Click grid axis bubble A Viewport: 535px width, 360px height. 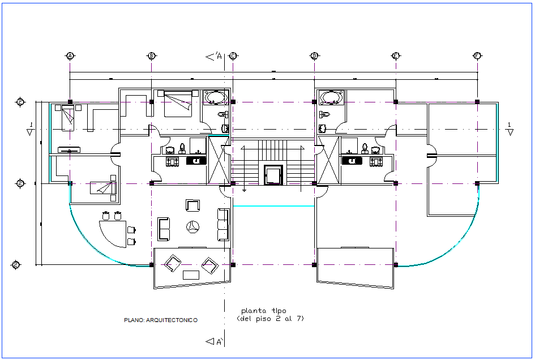tap(70, 55)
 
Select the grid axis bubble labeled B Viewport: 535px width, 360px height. tap(151, 55)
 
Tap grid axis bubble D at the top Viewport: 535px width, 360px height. tap(314, 55)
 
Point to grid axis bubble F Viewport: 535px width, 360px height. tap(477, 55)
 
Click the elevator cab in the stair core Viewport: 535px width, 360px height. tap(273, 174)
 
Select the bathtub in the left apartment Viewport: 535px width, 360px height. tap(215, 98)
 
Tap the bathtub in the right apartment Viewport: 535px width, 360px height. tap(331, 98)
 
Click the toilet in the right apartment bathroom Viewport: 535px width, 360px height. tap(323, 114)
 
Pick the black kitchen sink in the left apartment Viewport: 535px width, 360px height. tap(196, 161)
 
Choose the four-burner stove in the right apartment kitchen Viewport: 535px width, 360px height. tap(375, 161)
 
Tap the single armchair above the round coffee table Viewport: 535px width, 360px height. tap(192, 205)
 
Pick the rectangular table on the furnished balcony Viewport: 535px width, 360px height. tap(191, 275)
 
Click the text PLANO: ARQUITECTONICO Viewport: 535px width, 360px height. tap(161, 320)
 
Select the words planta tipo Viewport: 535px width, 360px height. tap(264, 311)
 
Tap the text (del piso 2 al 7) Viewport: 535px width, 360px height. tap(271, 319)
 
